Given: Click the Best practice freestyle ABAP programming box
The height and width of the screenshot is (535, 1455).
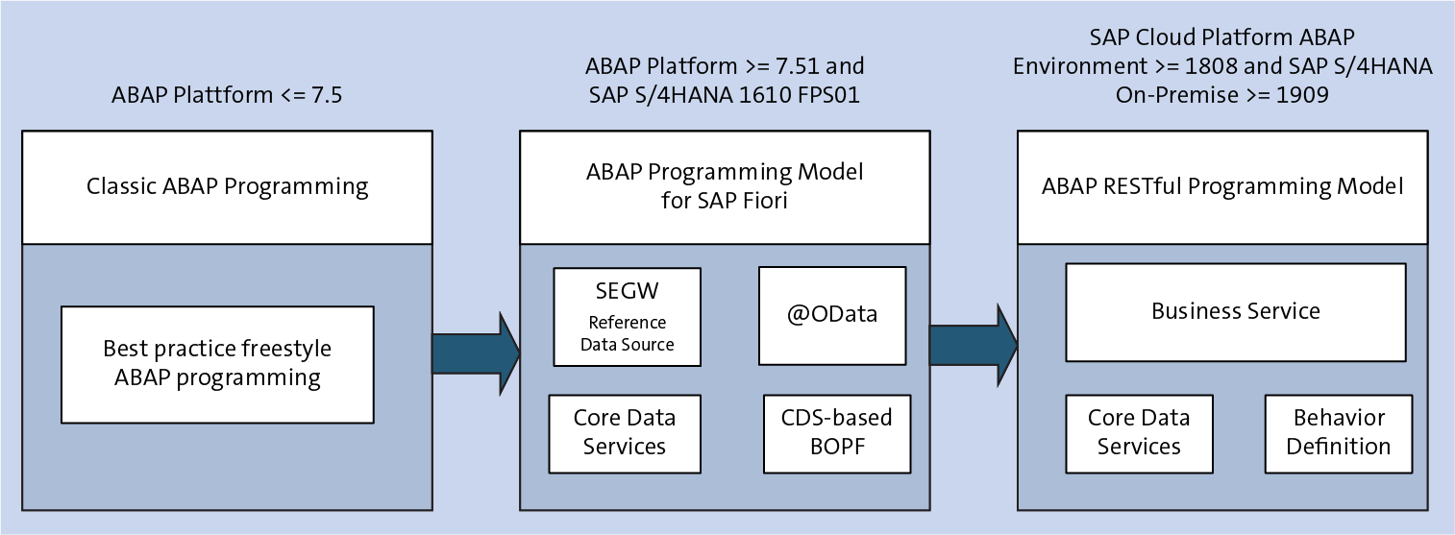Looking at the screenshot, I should (x=216, y=364).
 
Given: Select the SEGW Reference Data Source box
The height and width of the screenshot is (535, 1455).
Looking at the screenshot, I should (x=627, y=317).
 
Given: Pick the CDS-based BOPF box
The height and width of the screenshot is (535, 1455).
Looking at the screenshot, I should (x=836, y=433).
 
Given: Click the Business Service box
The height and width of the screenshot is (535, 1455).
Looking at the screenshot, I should (x=1235, y=311).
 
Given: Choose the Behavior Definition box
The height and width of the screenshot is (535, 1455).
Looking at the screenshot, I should (x=1338, y=433).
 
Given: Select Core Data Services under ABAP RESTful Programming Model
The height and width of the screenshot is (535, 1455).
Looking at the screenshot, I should (x=1139, y=433).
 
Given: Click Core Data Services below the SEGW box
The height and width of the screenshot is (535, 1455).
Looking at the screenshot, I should (x=624, y=433).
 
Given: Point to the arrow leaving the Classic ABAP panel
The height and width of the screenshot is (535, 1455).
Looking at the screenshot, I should (x=475, y=353).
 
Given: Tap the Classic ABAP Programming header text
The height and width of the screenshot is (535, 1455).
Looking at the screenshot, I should (x=227, y=186).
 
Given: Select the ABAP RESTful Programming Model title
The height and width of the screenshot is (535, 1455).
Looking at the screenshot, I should (x=1222, y=186).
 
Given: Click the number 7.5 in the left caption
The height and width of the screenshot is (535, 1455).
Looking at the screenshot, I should (x=325, y=95).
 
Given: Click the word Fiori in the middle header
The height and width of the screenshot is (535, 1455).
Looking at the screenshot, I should (x=760, y=201).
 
